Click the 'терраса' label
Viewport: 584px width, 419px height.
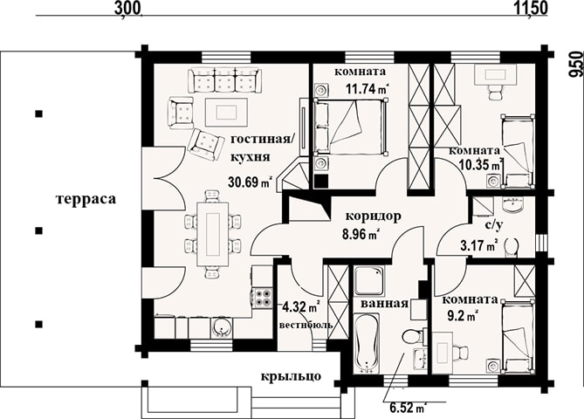point(86,199)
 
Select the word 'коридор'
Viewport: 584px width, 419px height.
point(374,216)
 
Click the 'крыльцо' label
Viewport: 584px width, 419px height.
point(291,376)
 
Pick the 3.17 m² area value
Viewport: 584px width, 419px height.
point(480,246)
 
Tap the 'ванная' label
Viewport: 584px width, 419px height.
point(385,304)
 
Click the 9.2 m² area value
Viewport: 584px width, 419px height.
point(463,316)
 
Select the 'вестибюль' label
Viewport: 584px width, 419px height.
point(306,325)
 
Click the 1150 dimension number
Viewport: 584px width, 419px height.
point(532,8)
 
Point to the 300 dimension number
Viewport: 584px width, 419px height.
point(127,8)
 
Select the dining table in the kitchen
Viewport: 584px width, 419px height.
point(213,234)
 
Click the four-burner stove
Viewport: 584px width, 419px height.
point(263,298)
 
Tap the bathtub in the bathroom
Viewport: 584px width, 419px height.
point(366,343)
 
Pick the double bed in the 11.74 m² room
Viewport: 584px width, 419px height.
point(350,126)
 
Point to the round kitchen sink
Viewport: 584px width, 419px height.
point(223,328)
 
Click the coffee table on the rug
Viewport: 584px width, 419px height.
point(226,112)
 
